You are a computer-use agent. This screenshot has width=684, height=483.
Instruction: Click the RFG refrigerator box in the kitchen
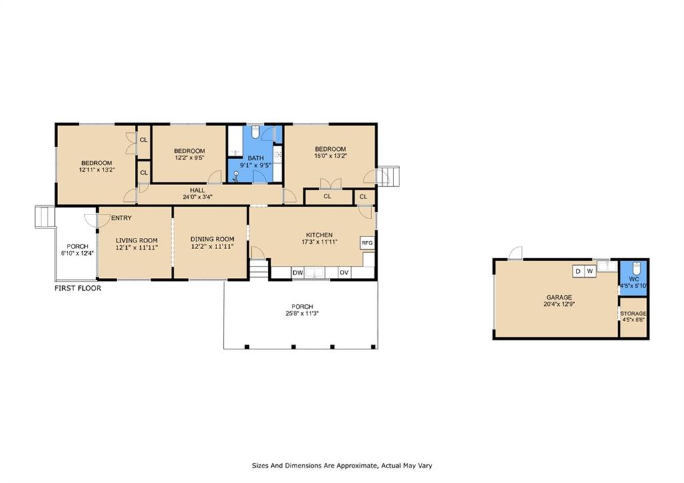pyautogui.click(x=367, y=243)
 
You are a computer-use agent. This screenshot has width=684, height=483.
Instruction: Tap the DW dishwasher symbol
pyautogui.click(x=298, y=273)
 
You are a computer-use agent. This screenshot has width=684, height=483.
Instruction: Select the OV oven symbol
pyautogui.click(x=344, y=273)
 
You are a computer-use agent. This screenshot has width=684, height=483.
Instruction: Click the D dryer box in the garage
pyautogui.click(x=578, y=271)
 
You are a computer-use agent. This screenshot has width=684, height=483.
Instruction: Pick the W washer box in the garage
pyautogui.click(x=590, y=271)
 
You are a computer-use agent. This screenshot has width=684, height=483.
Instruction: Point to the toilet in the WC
pyautogui.click(x=636, y=267)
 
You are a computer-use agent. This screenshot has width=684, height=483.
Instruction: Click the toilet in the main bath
pyautogui.click(x=256, y=132)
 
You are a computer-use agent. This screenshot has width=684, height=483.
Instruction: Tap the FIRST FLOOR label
pyautogui.click(x=77, y=288)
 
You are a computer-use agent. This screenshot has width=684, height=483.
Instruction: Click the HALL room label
pyautogui.click(x=197, y=190)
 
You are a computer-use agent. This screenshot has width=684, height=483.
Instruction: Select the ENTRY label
pyautogui.click(x=122, y=218)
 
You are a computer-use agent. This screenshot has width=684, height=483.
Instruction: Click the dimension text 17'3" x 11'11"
pyautogui.click(x=320, y=242)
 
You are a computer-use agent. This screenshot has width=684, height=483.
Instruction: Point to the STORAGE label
pyautogui.click(x=633, y=314)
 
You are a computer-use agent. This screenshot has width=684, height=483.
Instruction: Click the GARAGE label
pyautogui.click(x=559, y=297)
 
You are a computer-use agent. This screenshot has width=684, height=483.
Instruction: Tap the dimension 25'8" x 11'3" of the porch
pyautogui.click(x=302, y=313)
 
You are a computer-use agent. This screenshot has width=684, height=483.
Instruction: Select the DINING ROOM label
pyautogui.click(x=212, y=239)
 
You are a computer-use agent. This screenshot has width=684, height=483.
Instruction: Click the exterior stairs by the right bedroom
pyautogui.click(x=388, y=176)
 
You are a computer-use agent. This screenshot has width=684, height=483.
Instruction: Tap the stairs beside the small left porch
pyautogui.click(x=45, y=217)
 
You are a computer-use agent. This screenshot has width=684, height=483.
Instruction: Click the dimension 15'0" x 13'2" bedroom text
pyautogui.click(x=330, y=156)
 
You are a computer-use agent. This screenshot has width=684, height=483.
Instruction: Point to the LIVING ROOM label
pyautogui.click(x=136, y=240)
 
